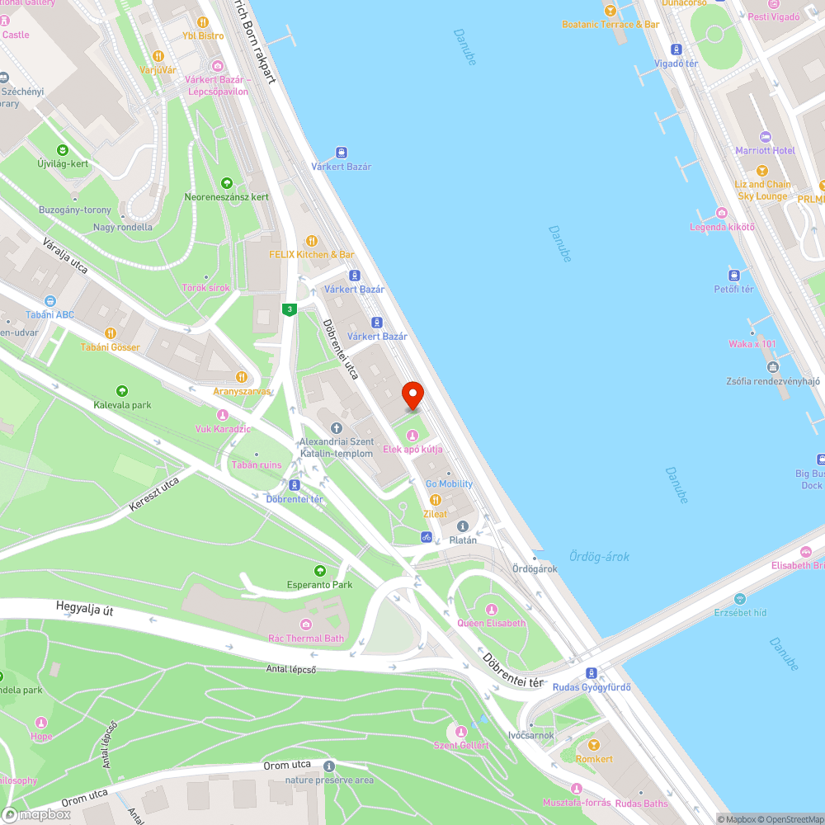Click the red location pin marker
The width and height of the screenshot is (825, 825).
412,394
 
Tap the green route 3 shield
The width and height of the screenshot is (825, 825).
289,309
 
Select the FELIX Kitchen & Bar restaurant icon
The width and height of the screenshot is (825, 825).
312,241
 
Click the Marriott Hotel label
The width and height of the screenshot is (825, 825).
765,150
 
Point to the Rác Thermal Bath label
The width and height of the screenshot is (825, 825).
306,638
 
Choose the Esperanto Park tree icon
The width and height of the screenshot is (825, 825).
320,571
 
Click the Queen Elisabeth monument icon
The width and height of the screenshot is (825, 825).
492,609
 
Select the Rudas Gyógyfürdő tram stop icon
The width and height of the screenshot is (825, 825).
591,673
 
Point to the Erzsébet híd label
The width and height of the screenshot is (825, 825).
740,612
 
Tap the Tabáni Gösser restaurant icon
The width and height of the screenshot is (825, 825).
110,333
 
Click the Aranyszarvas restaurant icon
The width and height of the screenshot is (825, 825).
242,377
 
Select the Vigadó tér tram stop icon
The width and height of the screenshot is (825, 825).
676,49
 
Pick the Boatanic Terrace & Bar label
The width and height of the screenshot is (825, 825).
610,24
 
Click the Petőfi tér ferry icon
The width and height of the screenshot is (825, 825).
733,275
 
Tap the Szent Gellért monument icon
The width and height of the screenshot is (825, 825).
461,731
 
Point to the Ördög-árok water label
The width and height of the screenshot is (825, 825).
599,557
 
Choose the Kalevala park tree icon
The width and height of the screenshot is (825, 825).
122,391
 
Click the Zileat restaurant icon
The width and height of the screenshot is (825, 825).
436,500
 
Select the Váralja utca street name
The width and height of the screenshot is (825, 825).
66,255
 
